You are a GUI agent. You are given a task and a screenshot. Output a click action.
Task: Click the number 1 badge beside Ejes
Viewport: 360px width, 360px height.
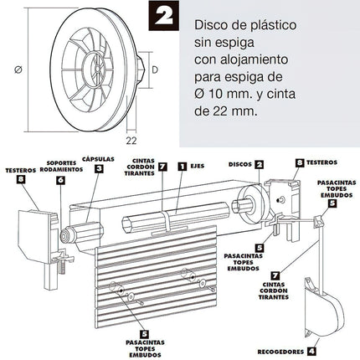183,167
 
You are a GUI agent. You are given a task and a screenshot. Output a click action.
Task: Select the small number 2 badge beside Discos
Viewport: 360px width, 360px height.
260,165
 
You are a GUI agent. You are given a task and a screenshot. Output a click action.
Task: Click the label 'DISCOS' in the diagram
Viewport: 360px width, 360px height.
239,165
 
